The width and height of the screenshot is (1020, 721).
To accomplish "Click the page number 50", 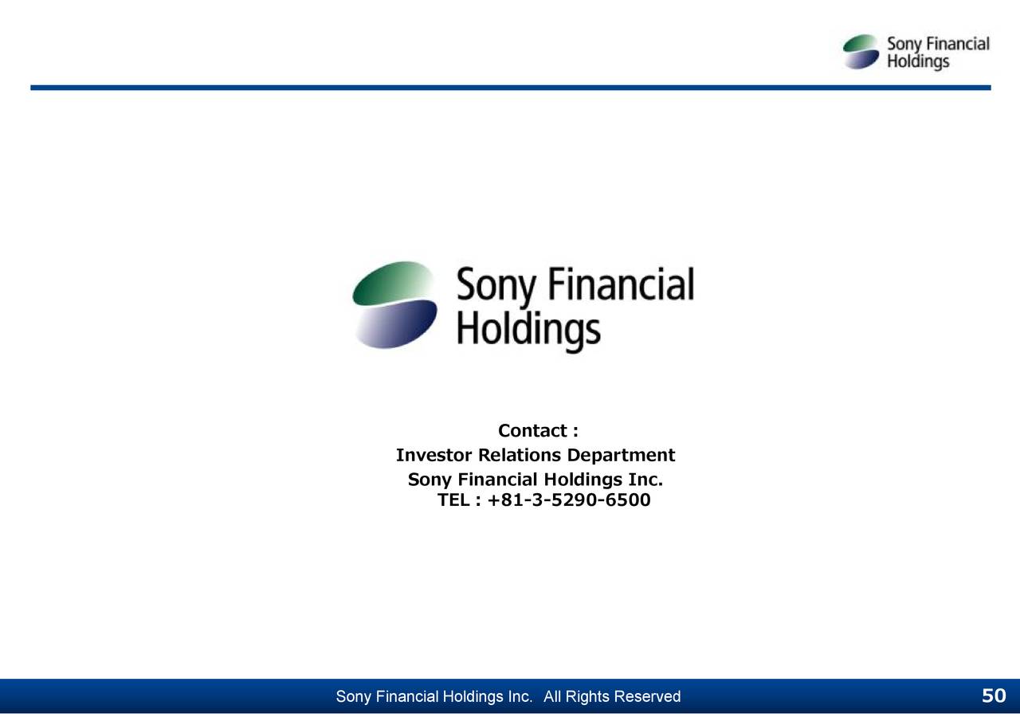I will click(x=993, y=696).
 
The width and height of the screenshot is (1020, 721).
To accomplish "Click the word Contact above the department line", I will click(x=532, y=431).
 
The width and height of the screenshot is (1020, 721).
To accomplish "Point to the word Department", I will click(x=621, y=456).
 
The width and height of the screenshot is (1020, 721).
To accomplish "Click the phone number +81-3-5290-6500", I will click(x=569, y=500).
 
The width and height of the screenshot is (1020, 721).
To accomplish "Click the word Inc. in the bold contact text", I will click(x=645, y=480).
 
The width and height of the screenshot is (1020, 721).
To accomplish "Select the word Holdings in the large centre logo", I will click(x=528, y=330).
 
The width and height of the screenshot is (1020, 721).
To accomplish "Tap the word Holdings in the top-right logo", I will click(x=918, y=61).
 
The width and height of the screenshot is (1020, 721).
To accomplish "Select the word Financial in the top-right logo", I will click(x=955, y=44).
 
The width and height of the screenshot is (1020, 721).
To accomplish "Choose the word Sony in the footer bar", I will click(x=353, y=697).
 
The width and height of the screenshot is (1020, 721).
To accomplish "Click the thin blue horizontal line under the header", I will click(x=510, y=88).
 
